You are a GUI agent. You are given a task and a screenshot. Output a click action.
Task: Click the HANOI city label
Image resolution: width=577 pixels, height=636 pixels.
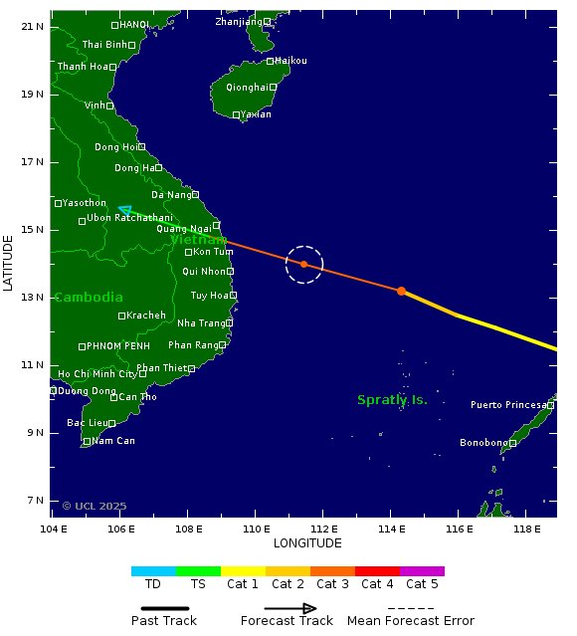134,25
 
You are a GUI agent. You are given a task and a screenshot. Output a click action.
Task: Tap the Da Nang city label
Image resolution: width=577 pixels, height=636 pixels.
171,195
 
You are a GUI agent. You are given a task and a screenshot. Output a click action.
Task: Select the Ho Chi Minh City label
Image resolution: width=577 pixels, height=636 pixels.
97,374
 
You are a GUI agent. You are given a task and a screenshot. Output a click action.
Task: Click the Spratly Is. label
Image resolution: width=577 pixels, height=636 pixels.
392,400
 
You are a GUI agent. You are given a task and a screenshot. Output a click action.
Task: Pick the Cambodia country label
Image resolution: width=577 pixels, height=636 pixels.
89,298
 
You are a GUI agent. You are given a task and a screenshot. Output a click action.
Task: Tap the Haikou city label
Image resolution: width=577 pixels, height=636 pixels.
290,61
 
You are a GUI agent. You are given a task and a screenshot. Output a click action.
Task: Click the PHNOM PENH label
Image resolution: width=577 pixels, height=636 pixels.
117,346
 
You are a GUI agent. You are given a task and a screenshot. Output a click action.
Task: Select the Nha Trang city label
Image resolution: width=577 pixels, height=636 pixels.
201,322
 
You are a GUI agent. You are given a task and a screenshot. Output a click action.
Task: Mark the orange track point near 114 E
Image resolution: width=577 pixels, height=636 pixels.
401,291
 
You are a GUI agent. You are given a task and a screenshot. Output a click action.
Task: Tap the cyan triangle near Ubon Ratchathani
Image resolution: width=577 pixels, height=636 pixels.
124,210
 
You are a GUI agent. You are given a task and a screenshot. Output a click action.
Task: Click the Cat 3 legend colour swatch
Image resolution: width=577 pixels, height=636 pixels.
332,571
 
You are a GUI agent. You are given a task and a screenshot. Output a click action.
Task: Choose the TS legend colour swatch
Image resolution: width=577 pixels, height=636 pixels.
198,571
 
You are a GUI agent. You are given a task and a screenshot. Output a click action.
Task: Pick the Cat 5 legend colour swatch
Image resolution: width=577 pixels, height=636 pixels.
422,571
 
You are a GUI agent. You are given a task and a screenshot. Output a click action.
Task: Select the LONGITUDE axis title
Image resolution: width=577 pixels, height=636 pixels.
307,543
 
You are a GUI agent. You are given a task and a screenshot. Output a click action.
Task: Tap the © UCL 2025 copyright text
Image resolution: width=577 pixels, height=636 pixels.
95,506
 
